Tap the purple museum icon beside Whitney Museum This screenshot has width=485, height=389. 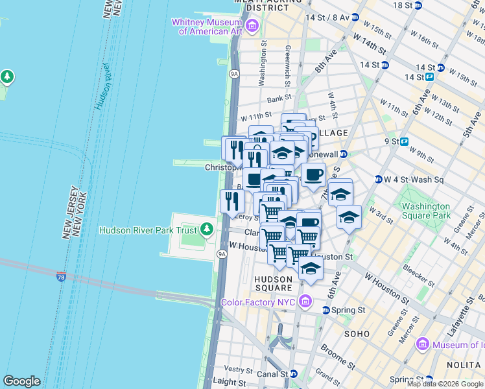252,27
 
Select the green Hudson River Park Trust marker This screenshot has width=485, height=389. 206,229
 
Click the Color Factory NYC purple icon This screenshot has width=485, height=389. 305,302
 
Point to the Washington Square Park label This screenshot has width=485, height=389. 425,211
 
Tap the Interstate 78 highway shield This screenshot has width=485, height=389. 61,277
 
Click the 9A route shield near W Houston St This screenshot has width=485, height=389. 222,254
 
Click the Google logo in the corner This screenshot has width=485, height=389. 21,381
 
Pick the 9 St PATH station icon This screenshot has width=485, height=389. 405,141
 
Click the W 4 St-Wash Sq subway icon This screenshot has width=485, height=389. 378,180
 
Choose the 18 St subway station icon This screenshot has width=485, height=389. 418,5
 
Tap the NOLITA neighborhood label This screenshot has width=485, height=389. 466,366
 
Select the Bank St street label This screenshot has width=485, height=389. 279,99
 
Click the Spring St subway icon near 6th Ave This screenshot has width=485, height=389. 325,311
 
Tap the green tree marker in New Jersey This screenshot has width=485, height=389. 7,77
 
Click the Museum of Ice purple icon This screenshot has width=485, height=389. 423,344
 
